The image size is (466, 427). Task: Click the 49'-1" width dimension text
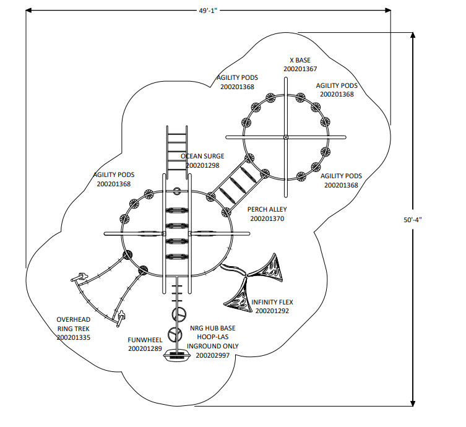(208, 11)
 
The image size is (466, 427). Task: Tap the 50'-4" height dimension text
(413, 220)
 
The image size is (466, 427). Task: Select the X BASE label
(300, 60)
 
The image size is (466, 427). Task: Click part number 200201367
(300, 69)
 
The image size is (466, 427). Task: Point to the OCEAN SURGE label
(202, 157)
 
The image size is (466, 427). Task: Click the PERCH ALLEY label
(267, 210)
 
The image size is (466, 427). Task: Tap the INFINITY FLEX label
(272, 302)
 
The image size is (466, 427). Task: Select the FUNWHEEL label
(145, 340)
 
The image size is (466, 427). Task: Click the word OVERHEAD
(74, 320)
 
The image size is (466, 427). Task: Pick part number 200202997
(213, 355)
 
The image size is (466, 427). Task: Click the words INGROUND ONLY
(213, 346)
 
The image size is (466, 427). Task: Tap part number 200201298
(202, 165)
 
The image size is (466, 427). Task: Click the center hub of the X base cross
(286, 137)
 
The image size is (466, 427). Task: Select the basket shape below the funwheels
(177, 355)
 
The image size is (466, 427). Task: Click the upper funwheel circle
(179, 314)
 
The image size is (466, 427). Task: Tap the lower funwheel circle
(175, 334)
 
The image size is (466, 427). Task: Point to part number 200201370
(267, 218)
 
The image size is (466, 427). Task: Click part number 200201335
(74, 338)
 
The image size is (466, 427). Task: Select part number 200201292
(272, 311)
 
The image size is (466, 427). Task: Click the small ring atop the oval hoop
(177, 191)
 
